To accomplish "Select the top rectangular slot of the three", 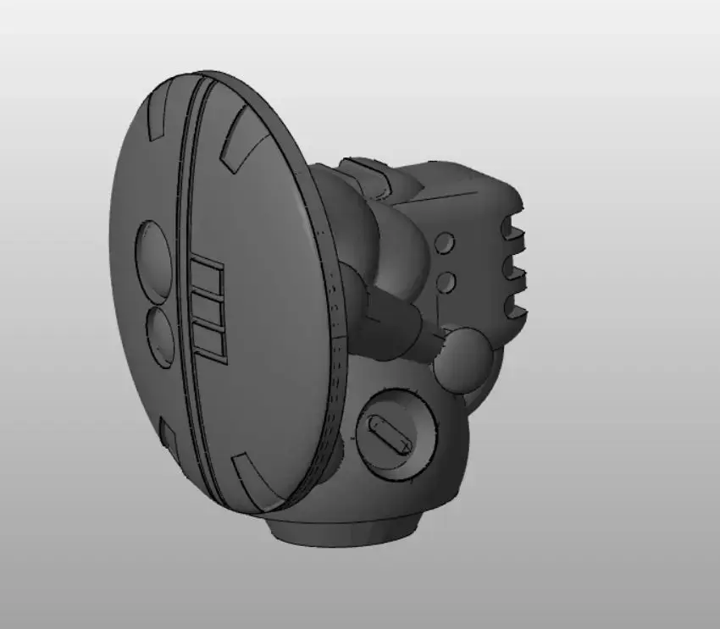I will pos(207,276).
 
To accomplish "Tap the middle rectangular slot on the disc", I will pos(208,310).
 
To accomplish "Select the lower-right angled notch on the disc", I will pos(251,474).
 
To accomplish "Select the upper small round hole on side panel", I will pos(444,244).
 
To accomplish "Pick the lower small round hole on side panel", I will pos(446,281).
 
